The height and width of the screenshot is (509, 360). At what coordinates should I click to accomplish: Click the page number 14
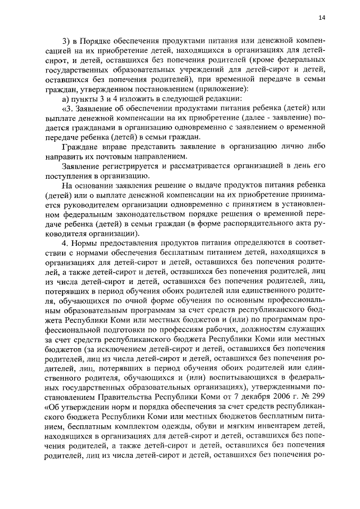pos(321,17)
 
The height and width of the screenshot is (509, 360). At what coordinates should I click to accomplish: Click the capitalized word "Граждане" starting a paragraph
pos(79,146)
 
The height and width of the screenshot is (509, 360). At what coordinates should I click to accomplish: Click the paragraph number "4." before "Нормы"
pos(65,242)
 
